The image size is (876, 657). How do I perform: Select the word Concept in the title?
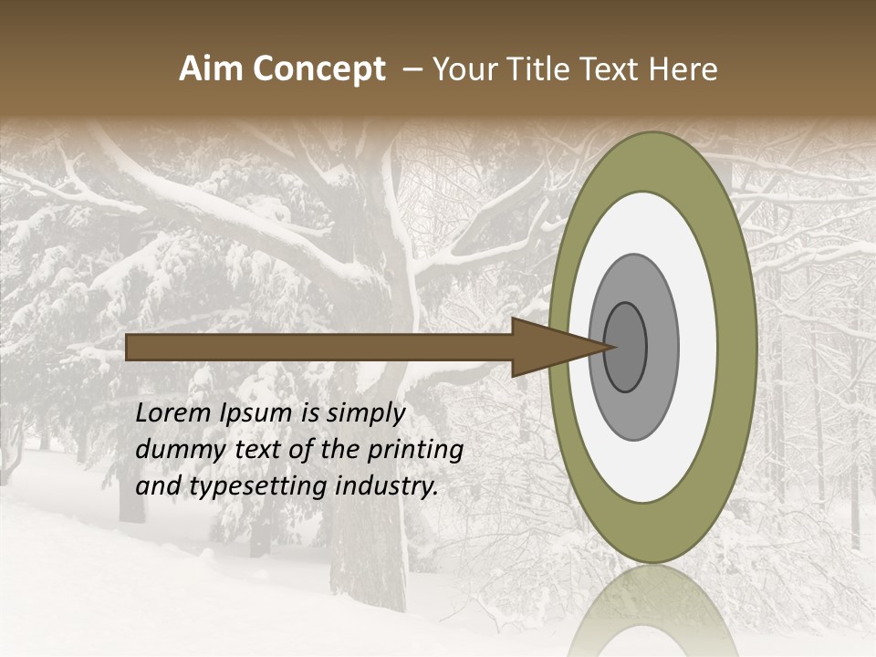pyautogui.click(x=318, y=69)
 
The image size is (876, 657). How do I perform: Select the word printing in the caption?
pyautogui.click(x=417, y=451)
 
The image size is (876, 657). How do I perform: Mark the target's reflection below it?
pyautogui.click(x=652, y=611)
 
